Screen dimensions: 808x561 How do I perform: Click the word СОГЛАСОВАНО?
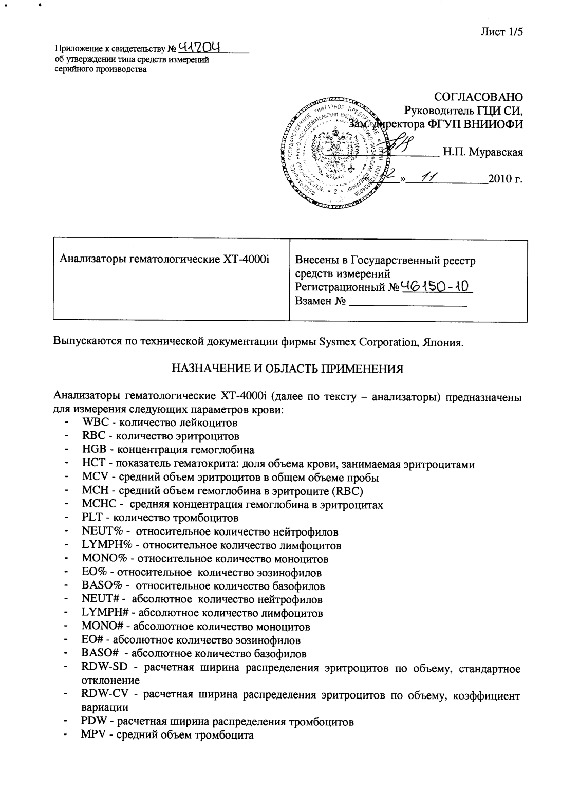coord(478,97)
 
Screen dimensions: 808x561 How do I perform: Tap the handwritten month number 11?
coord(428,178)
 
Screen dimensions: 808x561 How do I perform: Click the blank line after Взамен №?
coord(407,301)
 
